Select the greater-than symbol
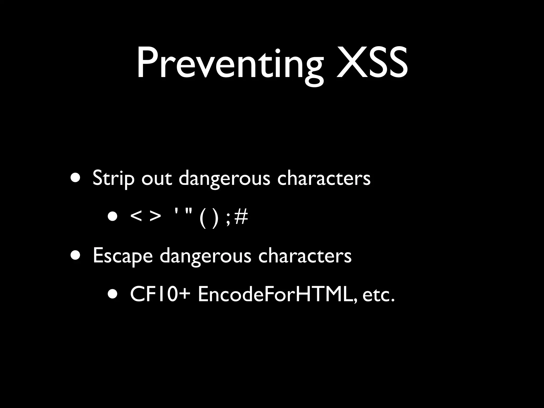coord(155,217)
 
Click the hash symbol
coord(241,217)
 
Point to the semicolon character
coord(227,219)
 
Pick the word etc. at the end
coord(378,295)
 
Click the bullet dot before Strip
coord(75,178)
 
